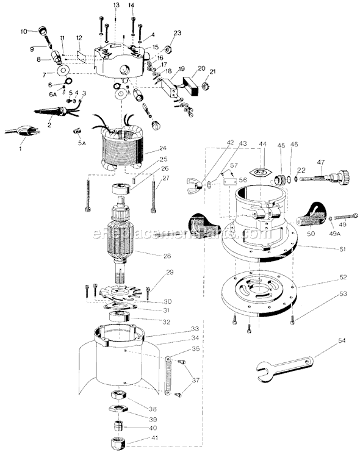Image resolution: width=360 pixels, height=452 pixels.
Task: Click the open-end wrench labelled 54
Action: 284,367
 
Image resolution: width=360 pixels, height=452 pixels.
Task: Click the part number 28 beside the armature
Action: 167,256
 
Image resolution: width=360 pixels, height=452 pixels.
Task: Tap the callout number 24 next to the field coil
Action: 163,148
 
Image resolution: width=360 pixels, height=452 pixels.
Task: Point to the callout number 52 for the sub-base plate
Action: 343,277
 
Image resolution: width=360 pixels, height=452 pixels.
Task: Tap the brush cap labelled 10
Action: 42,30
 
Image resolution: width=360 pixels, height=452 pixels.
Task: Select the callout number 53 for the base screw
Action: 343,294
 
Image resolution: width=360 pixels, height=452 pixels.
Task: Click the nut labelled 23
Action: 168,48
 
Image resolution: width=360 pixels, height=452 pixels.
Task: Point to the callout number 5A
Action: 82,142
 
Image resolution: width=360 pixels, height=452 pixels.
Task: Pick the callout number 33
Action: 195,329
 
